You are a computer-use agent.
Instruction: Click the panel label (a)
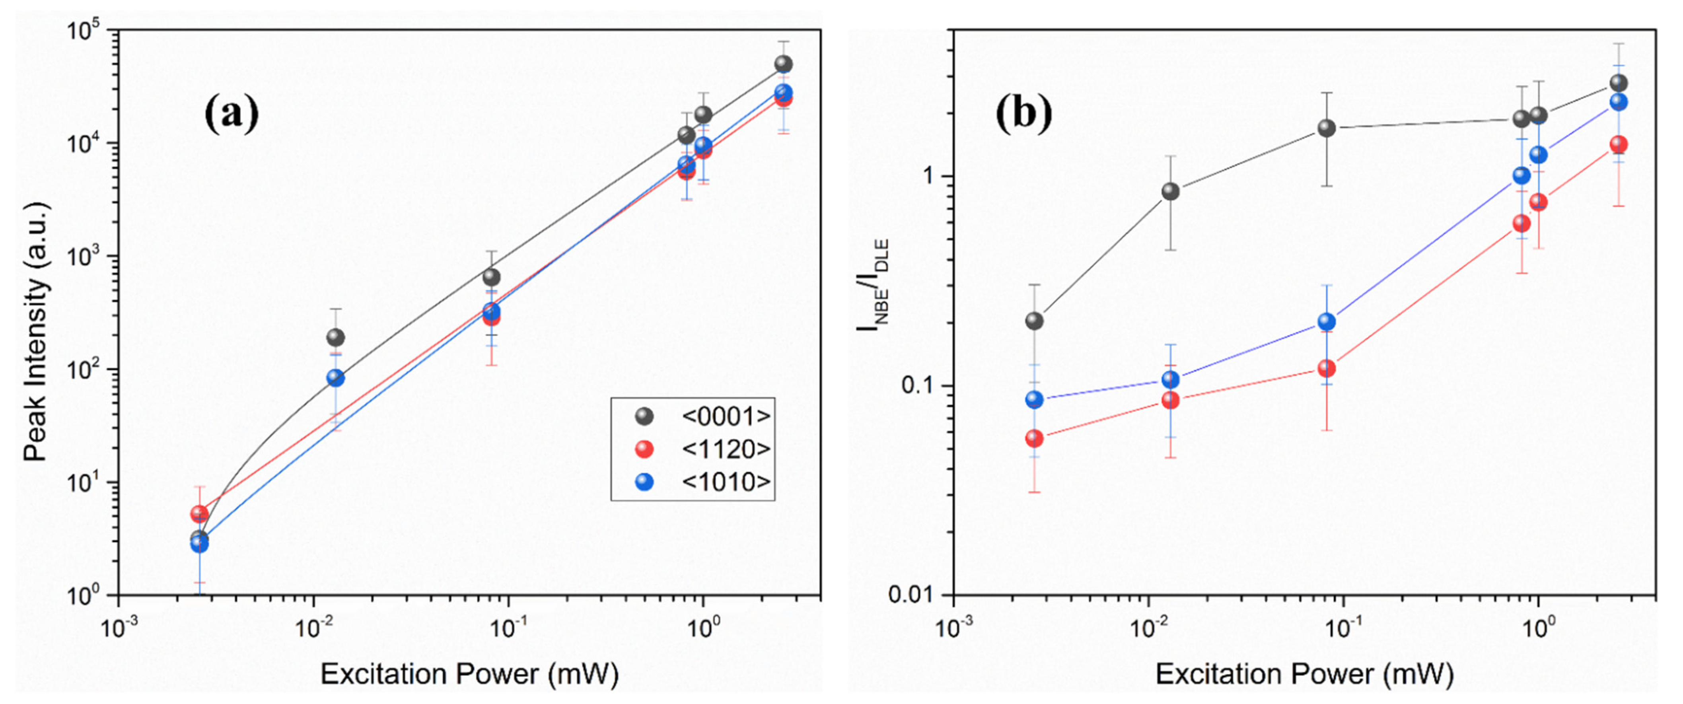[232, 114]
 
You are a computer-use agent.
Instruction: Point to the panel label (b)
[1024, 114]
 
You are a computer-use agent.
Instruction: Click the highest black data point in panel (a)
[783, 64]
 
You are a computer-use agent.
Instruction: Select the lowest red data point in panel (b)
[1034, 438]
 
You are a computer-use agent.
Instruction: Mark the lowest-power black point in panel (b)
[1034, 321]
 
